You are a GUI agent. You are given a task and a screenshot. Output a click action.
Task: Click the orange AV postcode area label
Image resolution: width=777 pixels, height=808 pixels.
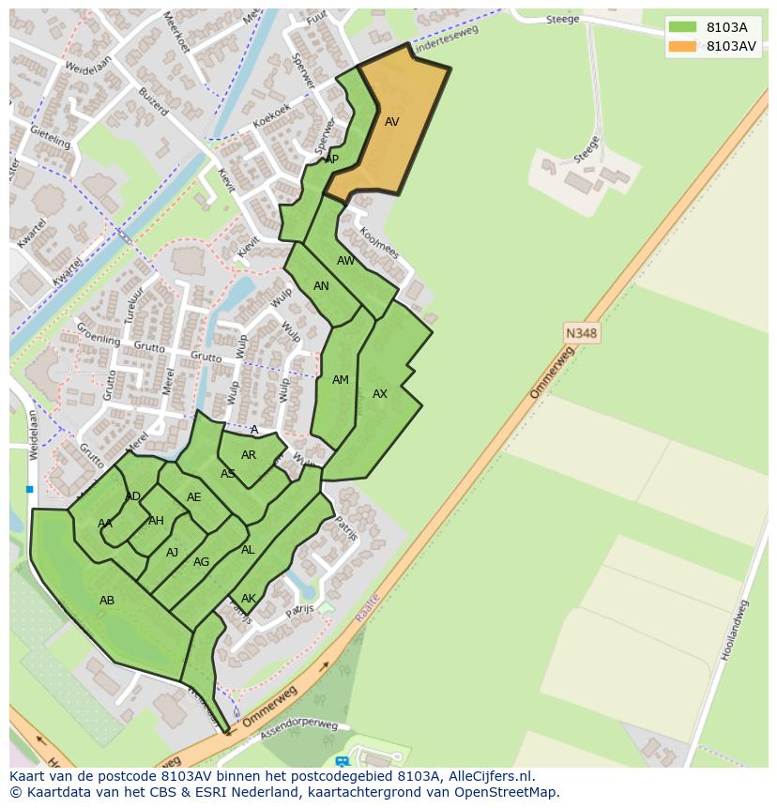click(392, 122)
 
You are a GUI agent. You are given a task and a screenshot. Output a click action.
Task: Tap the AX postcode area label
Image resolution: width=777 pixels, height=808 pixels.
click(380, 394)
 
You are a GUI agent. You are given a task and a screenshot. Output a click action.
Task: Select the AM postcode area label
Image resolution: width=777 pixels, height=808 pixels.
click(341, 380)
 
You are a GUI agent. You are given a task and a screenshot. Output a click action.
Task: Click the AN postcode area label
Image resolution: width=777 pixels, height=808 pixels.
click(321, 286)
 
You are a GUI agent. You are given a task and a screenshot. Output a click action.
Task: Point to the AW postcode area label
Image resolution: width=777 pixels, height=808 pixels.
click(346, 261)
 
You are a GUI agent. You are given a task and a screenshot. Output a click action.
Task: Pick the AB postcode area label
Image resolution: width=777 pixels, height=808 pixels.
click(107, 600)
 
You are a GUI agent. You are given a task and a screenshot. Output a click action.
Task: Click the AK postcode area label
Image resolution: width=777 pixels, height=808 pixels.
click(249, 599)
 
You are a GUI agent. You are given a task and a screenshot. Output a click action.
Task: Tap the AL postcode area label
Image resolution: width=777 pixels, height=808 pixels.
click(248, 550)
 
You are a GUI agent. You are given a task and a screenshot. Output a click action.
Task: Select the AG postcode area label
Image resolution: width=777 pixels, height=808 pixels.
click(201, 562)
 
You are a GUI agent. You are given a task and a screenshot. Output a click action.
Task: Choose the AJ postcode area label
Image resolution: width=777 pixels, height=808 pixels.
click(172, 553)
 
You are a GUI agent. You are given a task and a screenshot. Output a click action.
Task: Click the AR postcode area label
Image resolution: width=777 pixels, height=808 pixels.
click(249, 455)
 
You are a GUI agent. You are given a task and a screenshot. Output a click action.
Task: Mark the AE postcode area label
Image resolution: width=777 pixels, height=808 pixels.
click(194, 497)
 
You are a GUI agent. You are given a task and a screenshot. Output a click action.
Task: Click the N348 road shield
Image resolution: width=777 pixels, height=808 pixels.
click(582, 333)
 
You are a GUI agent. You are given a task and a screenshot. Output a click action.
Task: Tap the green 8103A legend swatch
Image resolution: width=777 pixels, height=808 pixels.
click(682, 27)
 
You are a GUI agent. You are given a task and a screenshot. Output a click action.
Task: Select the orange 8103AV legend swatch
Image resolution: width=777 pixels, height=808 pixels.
click(682, 46)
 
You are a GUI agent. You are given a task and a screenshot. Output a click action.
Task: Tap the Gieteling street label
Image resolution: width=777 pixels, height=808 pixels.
click(51, 137)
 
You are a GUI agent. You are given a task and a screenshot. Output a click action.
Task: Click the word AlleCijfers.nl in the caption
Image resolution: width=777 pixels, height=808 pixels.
click(487, 776)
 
